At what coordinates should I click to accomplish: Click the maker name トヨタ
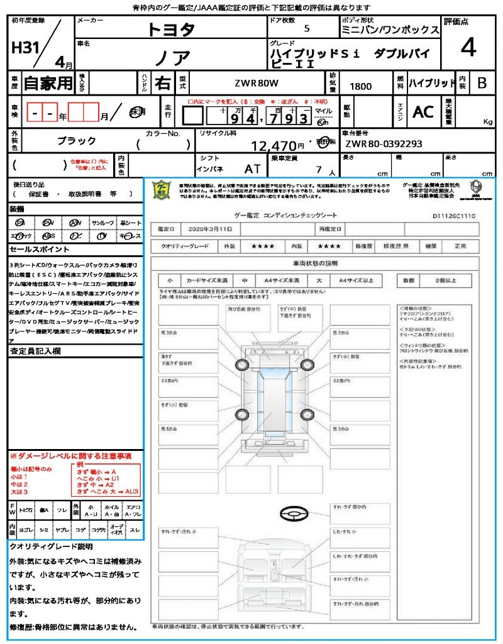tap(171, 29)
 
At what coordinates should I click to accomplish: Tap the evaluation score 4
tap(468, 47)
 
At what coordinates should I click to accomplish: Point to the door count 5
tap(306, 29)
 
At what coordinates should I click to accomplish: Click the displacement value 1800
tap(360, 86)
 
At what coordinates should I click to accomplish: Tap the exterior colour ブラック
tap(77, 141)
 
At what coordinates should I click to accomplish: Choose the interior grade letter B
tap(482, 83)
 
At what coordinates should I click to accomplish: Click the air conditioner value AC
tap(423, 112)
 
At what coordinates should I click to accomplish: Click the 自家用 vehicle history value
tap(48, 83)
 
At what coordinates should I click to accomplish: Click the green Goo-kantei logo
tap(162, 189)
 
